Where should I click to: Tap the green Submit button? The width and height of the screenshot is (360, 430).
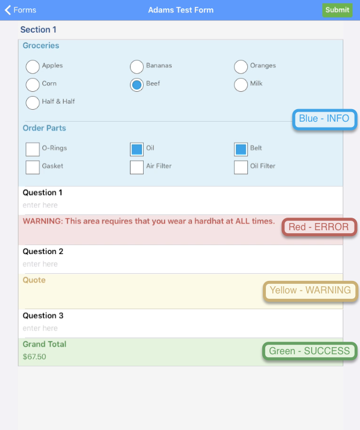coord(337,10)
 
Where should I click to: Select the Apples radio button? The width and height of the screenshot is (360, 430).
coord(33,66)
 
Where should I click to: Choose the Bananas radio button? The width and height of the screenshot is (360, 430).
coord(136,66)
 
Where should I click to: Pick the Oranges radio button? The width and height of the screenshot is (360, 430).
coord(241,66)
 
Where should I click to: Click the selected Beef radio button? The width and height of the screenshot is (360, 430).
coord(136,85)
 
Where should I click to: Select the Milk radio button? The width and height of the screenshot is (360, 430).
coord(241,85)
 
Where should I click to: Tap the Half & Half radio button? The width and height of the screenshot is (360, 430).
coord(33,103)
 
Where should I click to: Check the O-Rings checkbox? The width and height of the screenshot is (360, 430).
coord(33,149)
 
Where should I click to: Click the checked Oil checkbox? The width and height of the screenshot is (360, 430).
coord(136,149)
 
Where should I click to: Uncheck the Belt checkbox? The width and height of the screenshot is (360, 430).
coord(241,149)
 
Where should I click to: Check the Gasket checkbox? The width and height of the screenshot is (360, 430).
coord(33,167)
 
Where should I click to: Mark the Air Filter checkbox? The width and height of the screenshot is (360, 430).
coord(136,167)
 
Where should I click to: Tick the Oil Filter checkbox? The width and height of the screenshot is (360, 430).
coord(241,167)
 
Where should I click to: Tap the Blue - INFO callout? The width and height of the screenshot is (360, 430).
coord(324,119)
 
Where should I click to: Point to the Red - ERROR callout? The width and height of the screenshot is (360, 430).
coord(319,227)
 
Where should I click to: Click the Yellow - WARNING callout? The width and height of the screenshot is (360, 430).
coord(310,291)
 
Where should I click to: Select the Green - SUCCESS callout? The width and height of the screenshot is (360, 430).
coord(309,351)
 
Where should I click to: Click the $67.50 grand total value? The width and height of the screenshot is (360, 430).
coord(35,357)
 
